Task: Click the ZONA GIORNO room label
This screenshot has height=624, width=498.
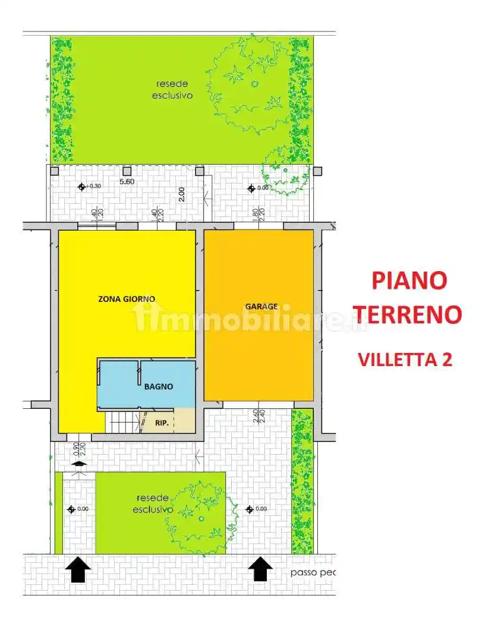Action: pos(127,299)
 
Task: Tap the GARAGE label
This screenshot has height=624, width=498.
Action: pos(261,307)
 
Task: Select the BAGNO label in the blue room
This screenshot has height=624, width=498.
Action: pos(159,386)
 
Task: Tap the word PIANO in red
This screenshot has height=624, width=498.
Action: pos(409,280)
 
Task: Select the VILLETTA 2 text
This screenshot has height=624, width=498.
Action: pos(405,359)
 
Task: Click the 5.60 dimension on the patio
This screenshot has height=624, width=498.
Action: pos(126,182)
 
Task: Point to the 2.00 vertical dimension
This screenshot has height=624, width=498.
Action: pos(182,194)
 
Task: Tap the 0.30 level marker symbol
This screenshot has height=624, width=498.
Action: pos(82,187)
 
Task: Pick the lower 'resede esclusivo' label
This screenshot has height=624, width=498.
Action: pos(153,503)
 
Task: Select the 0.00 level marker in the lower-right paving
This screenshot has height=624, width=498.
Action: pos(250,509)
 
